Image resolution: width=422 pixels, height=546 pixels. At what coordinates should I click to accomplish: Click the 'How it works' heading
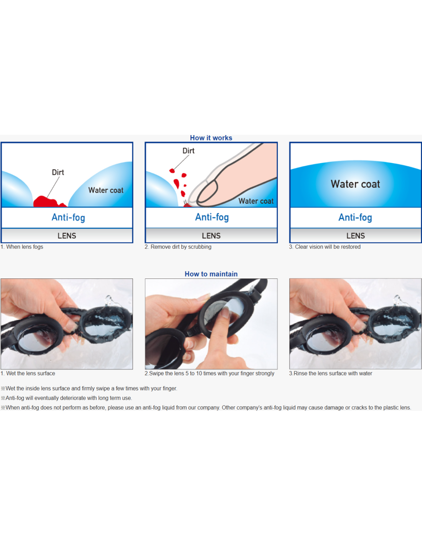pyautogui.click(x=211, y=138)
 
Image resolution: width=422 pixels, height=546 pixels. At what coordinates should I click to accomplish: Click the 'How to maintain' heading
pyautogui.click(x=211, y=274)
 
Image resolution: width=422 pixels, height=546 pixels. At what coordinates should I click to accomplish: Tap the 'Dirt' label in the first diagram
pyautogui.click(x=58, y=172)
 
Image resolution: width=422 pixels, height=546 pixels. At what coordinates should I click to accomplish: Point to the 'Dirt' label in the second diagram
pyautogui.click(x=188, y=151)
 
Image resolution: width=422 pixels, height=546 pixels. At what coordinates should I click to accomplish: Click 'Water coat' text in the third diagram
pyautogui.click(x=355, y=184)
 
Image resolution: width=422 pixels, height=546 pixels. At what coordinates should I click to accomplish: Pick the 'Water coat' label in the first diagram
pyautogui.click(x=105, y=190)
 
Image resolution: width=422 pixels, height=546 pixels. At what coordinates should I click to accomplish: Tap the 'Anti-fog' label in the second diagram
pyautogui.click(x=212, y=217)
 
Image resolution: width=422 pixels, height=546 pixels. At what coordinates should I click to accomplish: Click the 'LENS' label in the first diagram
pyautogui.click(x=67, y=236)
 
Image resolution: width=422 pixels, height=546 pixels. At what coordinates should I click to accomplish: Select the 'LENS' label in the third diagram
pyautogui.click(x=356, y=236)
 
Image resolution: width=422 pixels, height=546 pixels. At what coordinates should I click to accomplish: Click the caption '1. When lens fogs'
pyautogui.click(x=22, y=247)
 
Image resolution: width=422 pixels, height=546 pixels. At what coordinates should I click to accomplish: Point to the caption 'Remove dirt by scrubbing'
pyautogui.click(x=181, y=247)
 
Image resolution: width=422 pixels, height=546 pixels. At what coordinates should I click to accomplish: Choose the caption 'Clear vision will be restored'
pyautogui.click(x=328, y=247)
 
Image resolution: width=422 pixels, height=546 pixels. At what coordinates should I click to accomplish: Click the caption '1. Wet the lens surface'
pyautogui.click(x=28, y=373)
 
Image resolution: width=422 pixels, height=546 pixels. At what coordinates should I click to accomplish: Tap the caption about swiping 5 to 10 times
pyautogui.click(x=209, y=373)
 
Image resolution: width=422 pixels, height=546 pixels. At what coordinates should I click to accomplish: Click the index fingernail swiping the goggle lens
pyautogui.click(x=226, y=313)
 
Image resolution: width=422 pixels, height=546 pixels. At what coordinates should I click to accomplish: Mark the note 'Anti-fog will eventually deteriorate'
pyautogui.click(x=66, y=398)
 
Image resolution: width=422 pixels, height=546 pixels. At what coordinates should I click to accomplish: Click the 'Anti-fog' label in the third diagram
pyautogui.click(x=355, y=217)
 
